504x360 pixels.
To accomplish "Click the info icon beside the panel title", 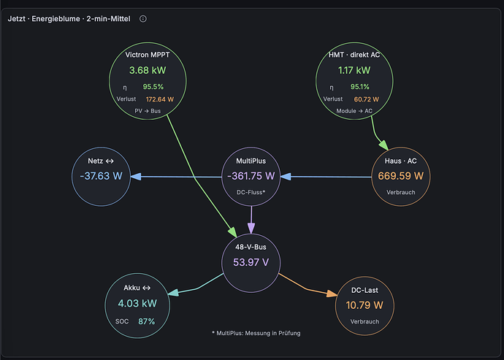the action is pyautogui.click(x=143, y=19).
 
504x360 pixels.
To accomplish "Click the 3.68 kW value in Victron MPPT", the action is pyautogui.click(x=148, y=70).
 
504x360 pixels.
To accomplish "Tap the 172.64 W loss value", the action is pyautogui.click(x=160, y=99).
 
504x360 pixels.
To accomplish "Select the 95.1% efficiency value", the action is pyautogui.click(x=359, y=87).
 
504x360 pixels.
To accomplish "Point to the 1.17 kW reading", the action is pyautogui.click(x=354, y=70).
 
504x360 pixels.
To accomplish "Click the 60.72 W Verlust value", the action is pyautogui.click(x=367, y=99).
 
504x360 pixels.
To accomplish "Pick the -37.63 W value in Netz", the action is pyautogui.click(x=102, y=176).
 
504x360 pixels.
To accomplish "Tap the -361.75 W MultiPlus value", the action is pyautogui.click(x=251, y=176).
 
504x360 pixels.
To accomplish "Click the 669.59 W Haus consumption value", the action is pyautogui.click(x=401, y=176).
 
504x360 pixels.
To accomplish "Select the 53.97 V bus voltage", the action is pyautogui.click(x=251, y=262).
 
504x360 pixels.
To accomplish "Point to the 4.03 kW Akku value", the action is pyautogui.click(x=137, y=303).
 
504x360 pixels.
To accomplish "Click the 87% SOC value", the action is pyautogui.click(x=147, y=321).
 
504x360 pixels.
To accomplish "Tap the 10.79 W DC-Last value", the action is pyautogui.click(x=364, y=305).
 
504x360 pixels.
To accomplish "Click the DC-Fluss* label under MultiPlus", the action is pyautogui.click(x=251, y=192).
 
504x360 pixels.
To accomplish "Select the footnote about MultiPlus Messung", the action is pyautogui.click(x=256, y=333).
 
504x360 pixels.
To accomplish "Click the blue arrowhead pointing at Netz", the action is pyautogui.click(x=136, y=177).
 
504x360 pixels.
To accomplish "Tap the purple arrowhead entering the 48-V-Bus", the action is pyautogui.click(x=251, y=229).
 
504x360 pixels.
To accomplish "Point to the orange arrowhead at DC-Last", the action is pyautogui.click(x=332, y=294).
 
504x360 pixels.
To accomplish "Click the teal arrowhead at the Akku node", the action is pyautogui.click(x=173, y=292).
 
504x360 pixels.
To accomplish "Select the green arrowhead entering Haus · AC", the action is pyautogui.click(x=383, y=145).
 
